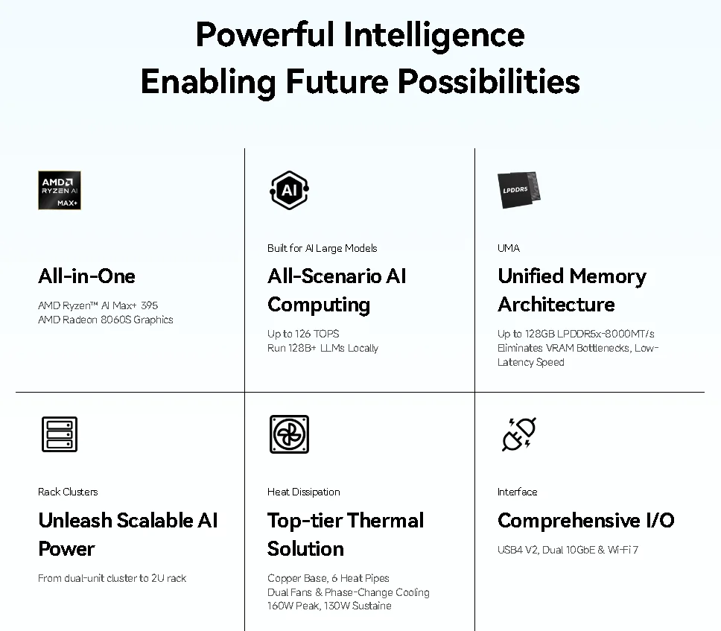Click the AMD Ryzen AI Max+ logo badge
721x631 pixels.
pyautogui.click(x=60, y=191)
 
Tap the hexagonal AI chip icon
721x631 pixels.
pyautogui.click(x=289, y=191)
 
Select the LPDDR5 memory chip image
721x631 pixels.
pyautogui.click(x=519, y=190)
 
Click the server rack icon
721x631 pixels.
pyautogui.click(x=60, y=434)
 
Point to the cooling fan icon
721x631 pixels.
pyautogui.click(x=289, y=434)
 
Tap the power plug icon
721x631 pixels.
pyautogui.click(x=519, y=434)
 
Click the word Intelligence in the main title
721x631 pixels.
pyautogui.click(x=433, y=36)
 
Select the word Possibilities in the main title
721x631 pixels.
pyautogui.click(x=489, y=82)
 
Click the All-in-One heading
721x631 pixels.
pyautogui.click(x=86, y=276)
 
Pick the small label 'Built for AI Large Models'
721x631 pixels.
pyautogui.click(x=322, y=248)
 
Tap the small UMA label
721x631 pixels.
pyautogui.click(x=509, y=248)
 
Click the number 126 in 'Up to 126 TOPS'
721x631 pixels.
pyautogui.click(x=302, y=334)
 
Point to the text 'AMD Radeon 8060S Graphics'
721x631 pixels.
pyautogui.click(x=105, y=320)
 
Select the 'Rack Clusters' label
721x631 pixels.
pyautogui.click(x=68, y=492)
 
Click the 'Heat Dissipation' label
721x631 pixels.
pyautogui.click(x=303, y=492)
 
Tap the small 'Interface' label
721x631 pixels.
pyautogui.click(x=518, y=492)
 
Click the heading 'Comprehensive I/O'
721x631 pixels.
pyautogui.click(x=585, y=521)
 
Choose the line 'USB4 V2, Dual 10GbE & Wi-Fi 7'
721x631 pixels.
pyautogui.click(x=568, y=550)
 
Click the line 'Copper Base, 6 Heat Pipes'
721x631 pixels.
pyautogui.click(x=328, y=578)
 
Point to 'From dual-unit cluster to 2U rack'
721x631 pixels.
pyautogui.click(x=112, y=578)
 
